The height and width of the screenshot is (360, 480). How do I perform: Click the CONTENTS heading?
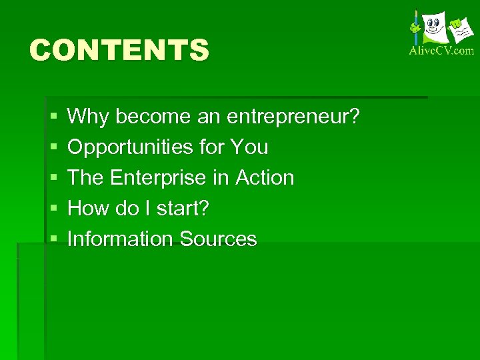[x=119, y=50]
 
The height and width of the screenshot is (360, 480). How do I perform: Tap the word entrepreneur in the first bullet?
[x=293, y=117]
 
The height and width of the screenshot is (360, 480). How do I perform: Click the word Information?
[x=117, y=239]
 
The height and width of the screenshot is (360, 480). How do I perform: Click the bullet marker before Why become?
[x=53, y=117]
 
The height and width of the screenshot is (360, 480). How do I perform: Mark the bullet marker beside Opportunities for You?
[x=53, y=148]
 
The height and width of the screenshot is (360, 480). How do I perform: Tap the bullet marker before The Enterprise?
[x=53, y=179]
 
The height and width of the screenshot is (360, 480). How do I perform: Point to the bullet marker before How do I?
[x=53, y=209]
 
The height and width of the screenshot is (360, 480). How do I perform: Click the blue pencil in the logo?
[x=416, y=27]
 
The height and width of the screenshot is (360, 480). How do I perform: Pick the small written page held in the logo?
[x=459, y=29]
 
